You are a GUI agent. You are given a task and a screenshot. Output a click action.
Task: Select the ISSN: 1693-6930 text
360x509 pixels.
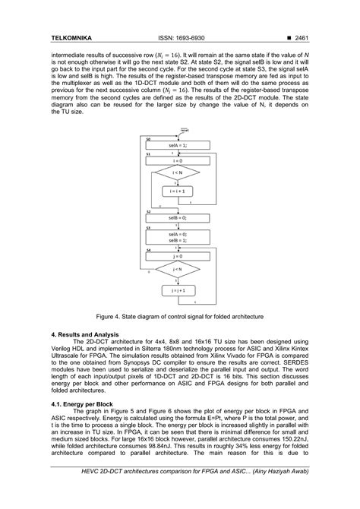point(179,37)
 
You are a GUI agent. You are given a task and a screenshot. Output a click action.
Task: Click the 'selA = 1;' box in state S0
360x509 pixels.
point(179,144)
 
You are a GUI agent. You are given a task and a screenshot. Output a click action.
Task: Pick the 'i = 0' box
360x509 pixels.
point(179,161)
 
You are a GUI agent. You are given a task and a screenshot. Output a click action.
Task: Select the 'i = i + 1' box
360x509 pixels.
point(179,192)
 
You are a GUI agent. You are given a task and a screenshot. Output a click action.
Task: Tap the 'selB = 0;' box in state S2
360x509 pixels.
point(179,218)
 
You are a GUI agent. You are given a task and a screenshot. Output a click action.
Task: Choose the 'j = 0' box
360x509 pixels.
point(179,255)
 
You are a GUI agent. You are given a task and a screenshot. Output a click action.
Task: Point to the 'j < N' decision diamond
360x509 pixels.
point(179,270)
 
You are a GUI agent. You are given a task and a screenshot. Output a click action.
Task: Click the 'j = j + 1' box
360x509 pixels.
point(179,289)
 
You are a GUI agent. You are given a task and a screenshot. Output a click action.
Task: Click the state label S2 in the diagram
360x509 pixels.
point(149,211)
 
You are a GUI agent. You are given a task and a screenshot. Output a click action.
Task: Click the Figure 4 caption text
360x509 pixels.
point(179,314)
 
